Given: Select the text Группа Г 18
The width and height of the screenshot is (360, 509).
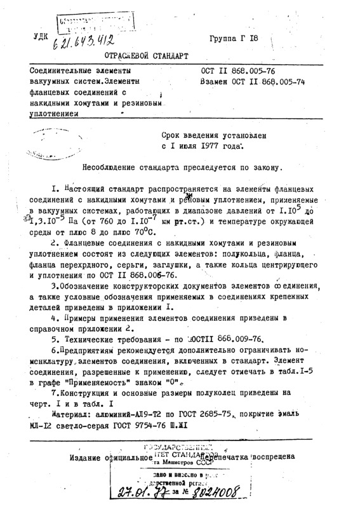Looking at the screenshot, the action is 234,38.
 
